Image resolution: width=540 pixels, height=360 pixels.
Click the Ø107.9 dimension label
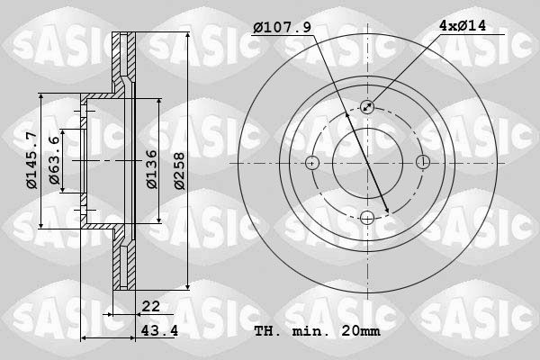pos(282,28)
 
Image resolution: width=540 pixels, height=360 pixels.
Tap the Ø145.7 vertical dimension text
pos(31,161)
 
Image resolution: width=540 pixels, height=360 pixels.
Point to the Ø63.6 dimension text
pos(55,161)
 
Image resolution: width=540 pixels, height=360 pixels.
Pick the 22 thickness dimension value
pos(150,307)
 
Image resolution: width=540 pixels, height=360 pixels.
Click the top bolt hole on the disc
pos(367,107)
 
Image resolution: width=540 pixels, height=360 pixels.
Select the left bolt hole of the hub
pos(312,163)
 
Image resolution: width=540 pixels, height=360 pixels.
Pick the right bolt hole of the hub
pos(423,163)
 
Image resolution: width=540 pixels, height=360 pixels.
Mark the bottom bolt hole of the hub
pos(367,218)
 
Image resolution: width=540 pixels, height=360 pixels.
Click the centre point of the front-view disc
pos(367,163)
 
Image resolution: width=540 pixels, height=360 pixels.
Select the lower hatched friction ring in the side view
pos(123,261)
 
